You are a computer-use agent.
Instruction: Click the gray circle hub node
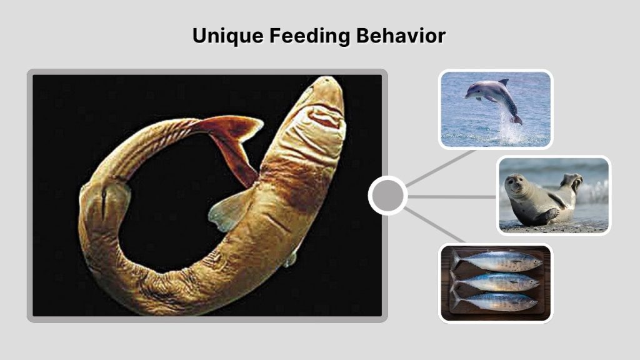387,196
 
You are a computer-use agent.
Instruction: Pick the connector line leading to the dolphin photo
441,167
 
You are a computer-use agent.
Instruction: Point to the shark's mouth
326,118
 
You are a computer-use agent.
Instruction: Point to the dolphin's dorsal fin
503,82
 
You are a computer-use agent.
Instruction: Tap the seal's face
516,184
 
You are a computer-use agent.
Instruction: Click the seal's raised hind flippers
571,182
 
